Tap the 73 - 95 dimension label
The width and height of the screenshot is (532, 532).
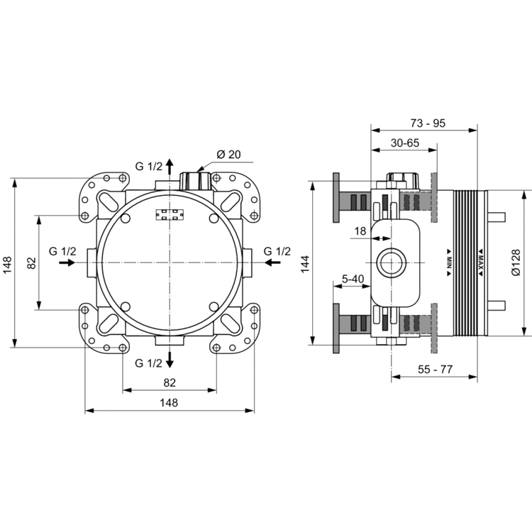[x=428, y=123]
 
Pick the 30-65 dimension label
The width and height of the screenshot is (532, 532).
[x=404, y=143]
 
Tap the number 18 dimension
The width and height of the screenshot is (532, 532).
[x=360, y=231]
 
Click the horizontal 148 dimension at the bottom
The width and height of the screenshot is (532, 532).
[x=168, y=402]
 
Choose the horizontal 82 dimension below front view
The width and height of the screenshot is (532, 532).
[x=169, y=382]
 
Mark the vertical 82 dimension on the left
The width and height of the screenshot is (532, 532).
[x=31, y=262]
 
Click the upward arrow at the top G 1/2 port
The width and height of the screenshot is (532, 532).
[x=170, y=167]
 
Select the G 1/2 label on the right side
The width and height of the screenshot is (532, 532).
[x=277, y=251]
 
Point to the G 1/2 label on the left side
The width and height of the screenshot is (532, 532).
[x=63, y=251]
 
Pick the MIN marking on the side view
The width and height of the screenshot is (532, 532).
[x=449, y=260]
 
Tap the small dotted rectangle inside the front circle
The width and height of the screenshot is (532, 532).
[x=169, y=214]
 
